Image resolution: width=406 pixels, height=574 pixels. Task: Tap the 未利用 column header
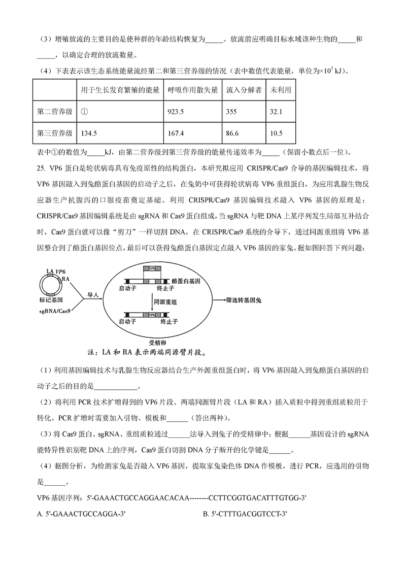[x=281, y=90]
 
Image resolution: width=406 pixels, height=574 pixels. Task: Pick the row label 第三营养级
[x=54, y=133]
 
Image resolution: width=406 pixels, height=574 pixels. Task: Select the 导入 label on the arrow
[x=92, y=294]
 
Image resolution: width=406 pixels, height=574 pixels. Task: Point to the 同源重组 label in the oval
[x=165, y=301]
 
